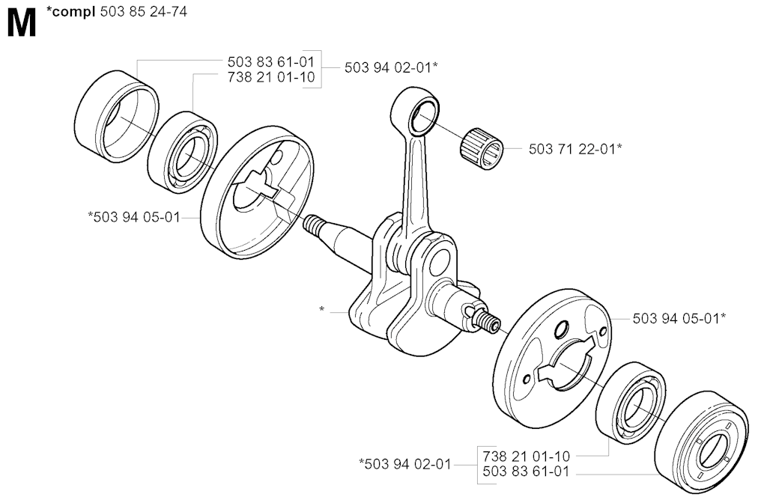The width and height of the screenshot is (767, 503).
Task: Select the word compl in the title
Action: [x=73, y=12]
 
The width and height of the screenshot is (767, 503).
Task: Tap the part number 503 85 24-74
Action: [x=143, y=12]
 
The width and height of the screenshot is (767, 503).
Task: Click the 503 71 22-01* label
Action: [x=575, y=149]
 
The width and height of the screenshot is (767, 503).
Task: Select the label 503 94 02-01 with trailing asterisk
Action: [x=391, y=67]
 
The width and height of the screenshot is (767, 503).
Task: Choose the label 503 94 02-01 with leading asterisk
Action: [x=405, y=463]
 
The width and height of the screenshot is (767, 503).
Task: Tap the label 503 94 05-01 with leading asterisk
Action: [x=134, y=216]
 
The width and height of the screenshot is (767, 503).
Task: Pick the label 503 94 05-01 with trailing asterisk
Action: [x=679, y=318]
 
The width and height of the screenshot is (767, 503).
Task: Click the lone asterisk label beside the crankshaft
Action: [x=321, y=310]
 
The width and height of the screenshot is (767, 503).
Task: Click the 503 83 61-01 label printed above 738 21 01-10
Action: [x=271, y=62]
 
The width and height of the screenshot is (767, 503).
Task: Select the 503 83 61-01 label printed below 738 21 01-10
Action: [x=527, y=472]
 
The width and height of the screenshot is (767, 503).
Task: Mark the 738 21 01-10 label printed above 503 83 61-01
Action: [x=527, y=456]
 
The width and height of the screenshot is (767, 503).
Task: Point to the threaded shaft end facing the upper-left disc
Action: [x=314, y=225]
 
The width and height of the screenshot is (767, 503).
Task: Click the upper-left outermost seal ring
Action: [x=117, y=117]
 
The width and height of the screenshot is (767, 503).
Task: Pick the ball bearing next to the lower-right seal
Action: [x=631, y=403]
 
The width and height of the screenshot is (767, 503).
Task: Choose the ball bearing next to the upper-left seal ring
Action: [x=183, y=149]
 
